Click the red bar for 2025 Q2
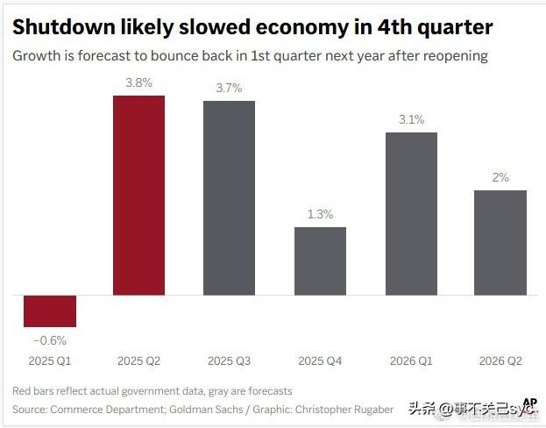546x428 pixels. coord(138,195)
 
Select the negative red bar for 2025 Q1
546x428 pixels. coord(50,310)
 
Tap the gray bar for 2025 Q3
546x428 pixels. coord(230,197)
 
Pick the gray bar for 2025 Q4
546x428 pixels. coord(320,260)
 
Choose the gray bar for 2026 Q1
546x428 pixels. coord(411,213)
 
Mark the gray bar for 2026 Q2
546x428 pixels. coord(500,242)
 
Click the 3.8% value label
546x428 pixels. coord(138,84)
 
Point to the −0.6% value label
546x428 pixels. coord(49,340)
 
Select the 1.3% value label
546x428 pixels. coord(320,215)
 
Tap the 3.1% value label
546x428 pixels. coord(410,120)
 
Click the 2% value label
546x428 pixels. coord(500,177)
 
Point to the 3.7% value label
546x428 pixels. coord(230,89)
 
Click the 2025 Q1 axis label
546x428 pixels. coord(49,360)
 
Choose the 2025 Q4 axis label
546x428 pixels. coord(319,360)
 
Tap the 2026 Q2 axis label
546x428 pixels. coord(500,360)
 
